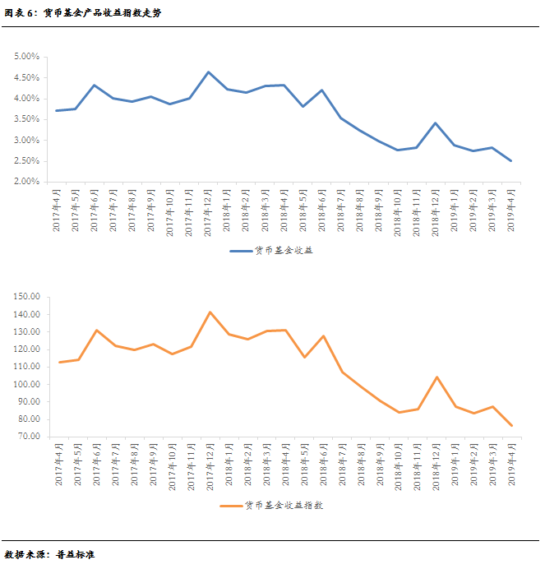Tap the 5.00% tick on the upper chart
click(x=26, y=57)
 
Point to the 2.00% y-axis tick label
click(x=26, y=182)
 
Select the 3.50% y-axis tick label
click(x=26, y=119)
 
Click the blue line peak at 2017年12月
click(x=208, y=72)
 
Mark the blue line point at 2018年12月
click(x=435, y=123)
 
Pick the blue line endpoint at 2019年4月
click(x=511, y=161)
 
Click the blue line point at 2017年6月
click(x=95, y=86)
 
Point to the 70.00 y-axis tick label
click(x=28, y=437)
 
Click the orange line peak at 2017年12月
click(x=210, y=312)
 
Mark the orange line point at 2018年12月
click(x=436, y=377)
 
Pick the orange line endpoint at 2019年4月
click(x=511, y=426)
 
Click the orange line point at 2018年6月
click(x=323, y=335)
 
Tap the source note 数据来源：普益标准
click(x=50, y=555)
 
